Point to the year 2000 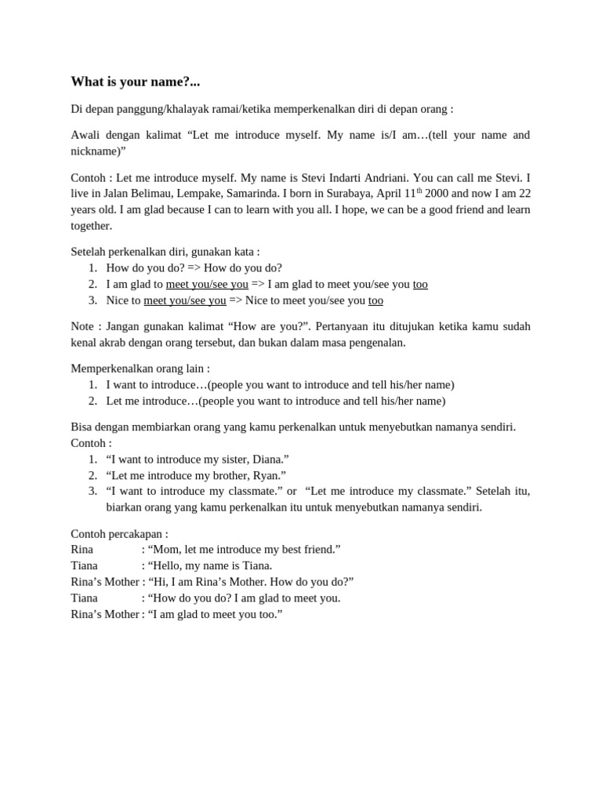pos(437,194)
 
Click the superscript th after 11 pos(419,191)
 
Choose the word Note pos(83,326)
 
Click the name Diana pos(270,459)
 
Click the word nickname pos(92,151)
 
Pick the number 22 pos(524,194)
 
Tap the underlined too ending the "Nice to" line pos(375,300)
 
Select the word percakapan pos(136,533)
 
